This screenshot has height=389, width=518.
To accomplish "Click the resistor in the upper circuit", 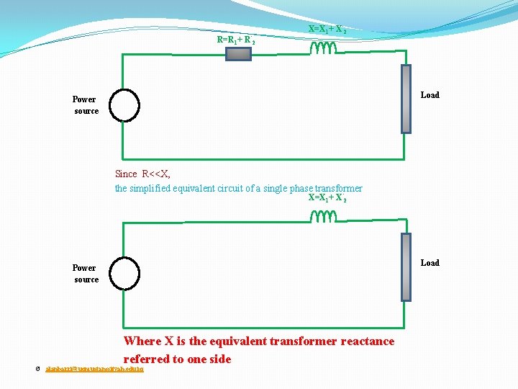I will coord(239,53).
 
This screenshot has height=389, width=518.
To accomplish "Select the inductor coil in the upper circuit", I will coord(323,48).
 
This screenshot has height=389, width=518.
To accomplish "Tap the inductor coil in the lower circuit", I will coord(323,216).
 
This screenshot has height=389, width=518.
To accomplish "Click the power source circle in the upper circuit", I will coord(124,105).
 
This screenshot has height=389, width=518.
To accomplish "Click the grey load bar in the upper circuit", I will coord(406,99).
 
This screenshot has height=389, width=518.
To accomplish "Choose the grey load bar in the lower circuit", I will coord(406,267).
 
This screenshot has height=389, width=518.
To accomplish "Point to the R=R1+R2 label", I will coord(236,40).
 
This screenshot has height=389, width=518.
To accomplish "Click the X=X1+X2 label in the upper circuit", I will coord(327,30).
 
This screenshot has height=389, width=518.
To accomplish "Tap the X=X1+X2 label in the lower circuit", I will coord(327,198).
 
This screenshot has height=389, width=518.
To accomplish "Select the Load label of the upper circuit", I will coord(430,95).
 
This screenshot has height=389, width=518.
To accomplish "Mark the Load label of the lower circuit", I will coord(430,263).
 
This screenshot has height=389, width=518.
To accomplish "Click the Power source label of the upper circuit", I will coord(85,105).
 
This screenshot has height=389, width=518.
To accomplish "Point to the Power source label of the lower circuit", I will coord(85,274).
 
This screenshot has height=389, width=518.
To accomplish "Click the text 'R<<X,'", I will coord(156,174).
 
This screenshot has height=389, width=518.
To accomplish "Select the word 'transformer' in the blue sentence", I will coord(339,189).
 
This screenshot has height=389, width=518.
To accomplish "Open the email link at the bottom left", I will coord(94,369).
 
